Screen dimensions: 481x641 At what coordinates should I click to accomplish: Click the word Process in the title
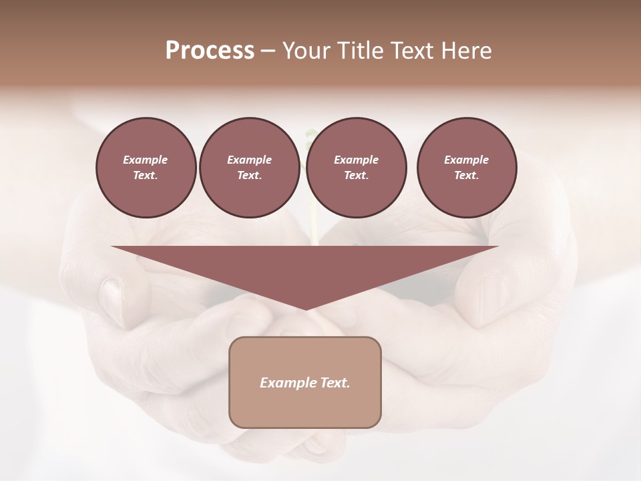[210, 51]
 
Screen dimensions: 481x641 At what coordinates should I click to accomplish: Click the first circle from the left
[146, 168]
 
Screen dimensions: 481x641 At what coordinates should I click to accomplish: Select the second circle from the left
[249, 168]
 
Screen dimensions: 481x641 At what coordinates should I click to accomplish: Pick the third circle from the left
[357, 168]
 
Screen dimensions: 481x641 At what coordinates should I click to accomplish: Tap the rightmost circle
[467, 168]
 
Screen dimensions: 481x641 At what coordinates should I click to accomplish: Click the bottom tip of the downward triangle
[305, 309]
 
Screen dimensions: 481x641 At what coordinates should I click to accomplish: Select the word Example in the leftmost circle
[146, 160]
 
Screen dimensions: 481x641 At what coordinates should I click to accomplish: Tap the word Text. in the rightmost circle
[467, 176]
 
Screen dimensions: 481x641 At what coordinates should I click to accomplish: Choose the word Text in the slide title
[411, 51]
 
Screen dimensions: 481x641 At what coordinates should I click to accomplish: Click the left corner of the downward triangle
[114, 247]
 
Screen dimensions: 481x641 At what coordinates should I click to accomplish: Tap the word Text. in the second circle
[249, 176]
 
